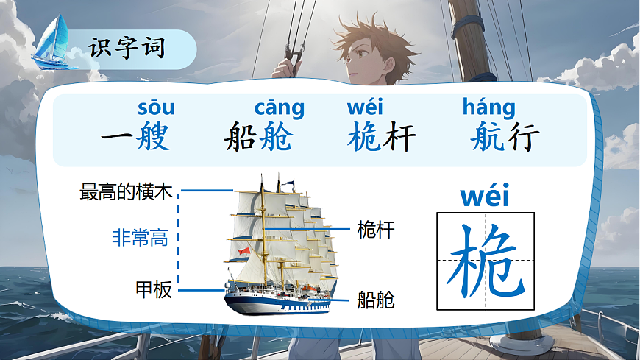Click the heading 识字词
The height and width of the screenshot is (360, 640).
(x=127, y=49)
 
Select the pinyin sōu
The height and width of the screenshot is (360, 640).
(x=156, y=108)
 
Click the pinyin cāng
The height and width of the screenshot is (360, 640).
(x=279, y=108)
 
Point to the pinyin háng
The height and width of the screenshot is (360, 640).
(x=488, y=108)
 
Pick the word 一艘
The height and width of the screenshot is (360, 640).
(x=135, y=138)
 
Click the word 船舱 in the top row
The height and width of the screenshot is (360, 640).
(x=257, y=138)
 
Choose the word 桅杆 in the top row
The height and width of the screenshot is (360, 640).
(x=382, y=138)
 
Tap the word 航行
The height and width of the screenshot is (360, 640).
(x=505, y=138)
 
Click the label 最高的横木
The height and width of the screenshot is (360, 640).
(x=126, y=192)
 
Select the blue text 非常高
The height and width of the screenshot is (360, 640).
(x=140, y=237)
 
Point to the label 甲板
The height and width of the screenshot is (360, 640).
(x=154, y=289)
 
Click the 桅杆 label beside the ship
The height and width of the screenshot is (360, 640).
(x=375, y=230)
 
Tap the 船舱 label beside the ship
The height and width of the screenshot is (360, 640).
(x=375, y=300)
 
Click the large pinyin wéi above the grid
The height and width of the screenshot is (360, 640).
(x=485, y=197)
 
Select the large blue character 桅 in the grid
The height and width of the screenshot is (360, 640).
(x=486, y=261)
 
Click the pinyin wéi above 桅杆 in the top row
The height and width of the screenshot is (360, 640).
(x=365, y=108)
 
